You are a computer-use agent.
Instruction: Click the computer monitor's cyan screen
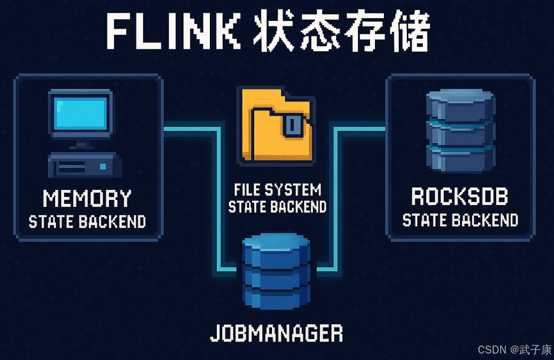click(80, 112)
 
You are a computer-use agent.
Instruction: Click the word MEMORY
click(87, 198)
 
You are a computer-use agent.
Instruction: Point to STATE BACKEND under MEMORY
click(87, 221)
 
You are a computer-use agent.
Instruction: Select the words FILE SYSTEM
click(277, 189)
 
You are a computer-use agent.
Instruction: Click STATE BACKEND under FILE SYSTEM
click(277, 206)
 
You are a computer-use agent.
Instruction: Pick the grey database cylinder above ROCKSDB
click(461, 130)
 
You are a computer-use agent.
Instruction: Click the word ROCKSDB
click(460, 196)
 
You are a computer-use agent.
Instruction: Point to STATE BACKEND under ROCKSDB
click(460, 220)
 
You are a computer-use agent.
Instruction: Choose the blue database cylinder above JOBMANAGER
click(276, 273)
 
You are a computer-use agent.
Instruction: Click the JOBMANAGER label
click(277, 333)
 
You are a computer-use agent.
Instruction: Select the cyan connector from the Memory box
click(217, 199)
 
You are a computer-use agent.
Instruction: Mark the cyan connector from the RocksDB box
click(336, 199)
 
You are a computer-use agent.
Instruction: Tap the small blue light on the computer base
click(103, 166)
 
